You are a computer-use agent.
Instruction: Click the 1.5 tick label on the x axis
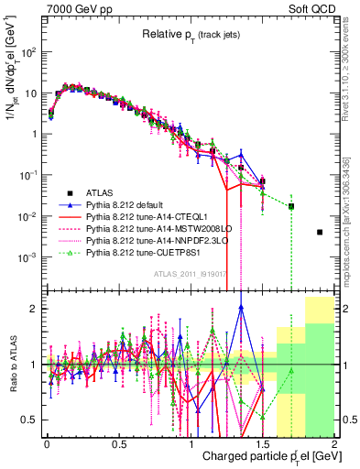tap(263, 443)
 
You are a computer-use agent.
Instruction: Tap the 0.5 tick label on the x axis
tap(118, 443)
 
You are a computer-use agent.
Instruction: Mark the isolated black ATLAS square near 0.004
tap(320, 233)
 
